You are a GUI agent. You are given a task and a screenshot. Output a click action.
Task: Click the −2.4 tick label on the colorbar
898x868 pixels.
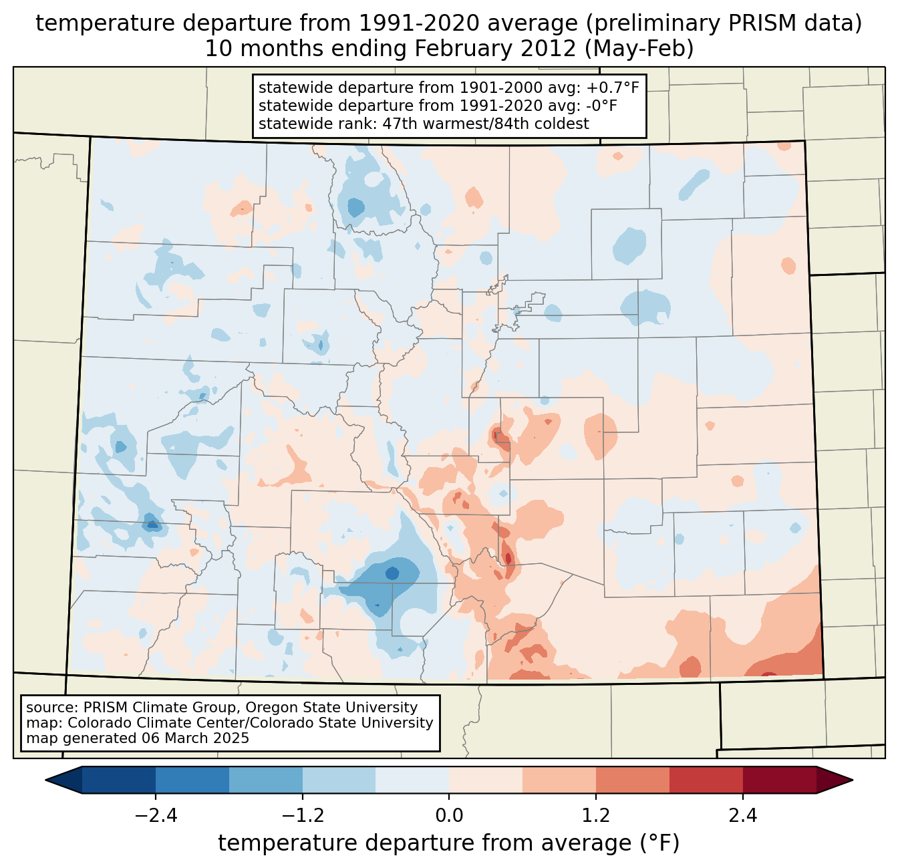point(156,816)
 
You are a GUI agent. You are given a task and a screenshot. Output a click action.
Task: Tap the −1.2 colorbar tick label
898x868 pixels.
point(302,816)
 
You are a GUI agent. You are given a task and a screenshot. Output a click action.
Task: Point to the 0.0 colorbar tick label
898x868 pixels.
point(449,816)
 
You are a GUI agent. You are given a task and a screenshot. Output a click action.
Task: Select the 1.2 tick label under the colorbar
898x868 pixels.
point(596,816)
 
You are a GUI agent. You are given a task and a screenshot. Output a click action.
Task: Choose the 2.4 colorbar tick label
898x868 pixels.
point(742,816)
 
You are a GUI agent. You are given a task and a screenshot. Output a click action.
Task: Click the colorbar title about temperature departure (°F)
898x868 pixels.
point(449,843)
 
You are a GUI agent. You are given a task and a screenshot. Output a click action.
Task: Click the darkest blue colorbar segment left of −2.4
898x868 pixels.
point(119,780)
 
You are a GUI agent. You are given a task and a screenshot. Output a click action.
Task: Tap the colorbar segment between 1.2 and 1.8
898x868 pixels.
point(632,780)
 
